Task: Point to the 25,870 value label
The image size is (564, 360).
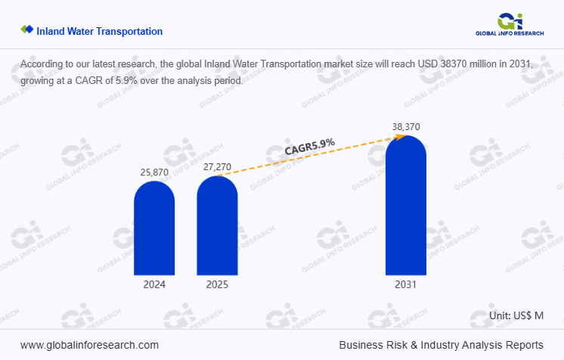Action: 154,172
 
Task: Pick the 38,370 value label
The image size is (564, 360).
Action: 406,126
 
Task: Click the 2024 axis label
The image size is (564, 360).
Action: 154,285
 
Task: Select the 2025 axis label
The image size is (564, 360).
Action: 217,285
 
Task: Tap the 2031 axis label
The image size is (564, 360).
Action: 405,285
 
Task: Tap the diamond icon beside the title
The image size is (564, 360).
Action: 27,30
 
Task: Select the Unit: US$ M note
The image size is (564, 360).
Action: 516,315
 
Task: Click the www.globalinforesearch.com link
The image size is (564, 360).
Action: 89,345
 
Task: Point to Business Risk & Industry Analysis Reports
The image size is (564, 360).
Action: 441,345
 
